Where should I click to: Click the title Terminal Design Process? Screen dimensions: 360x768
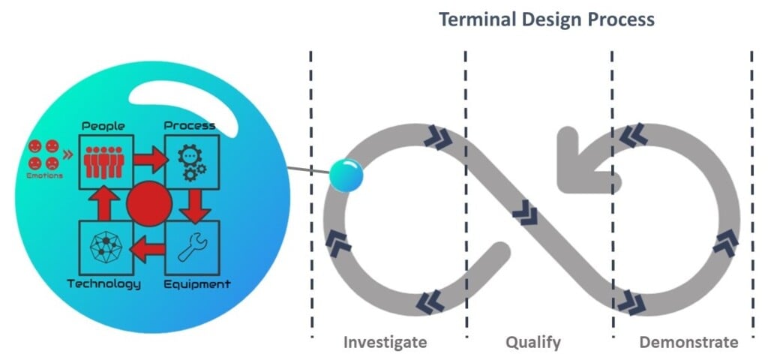tap(546, 19)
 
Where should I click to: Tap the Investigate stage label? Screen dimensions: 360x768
tap(385, 342)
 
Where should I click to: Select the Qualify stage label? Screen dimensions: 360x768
tap(533, 342)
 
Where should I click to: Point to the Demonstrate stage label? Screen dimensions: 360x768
tap(688, 342)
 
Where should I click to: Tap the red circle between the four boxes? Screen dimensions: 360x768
tap(150, 203)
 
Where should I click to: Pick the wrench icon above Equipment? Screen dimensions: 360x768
tap(192, 248)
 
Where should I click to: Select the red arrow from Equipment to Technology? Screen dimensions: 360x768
tap(148, 247)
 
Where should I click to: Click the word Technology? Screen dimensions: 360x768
tap(103, 284)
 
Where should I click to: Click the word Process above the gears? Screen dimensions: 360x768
tap(190, 125)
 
